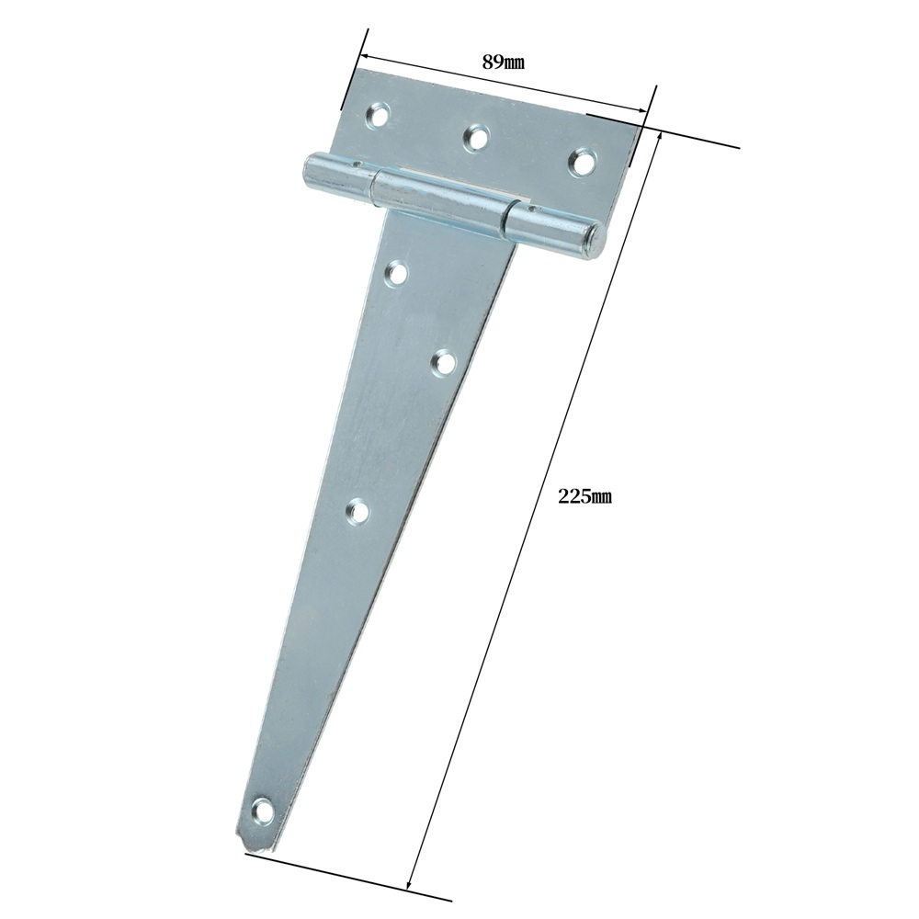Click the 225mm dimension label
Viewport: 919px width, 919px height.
click(x=584, y=496)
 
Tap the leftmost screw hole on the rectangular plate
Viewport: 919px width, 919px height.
click(x=378, y=113)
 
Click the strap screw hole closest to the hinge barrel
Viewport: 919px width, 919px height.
click(x=397, y=274)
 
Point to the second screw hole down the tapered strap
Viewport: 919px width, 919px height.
click(x=444, y=363)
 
